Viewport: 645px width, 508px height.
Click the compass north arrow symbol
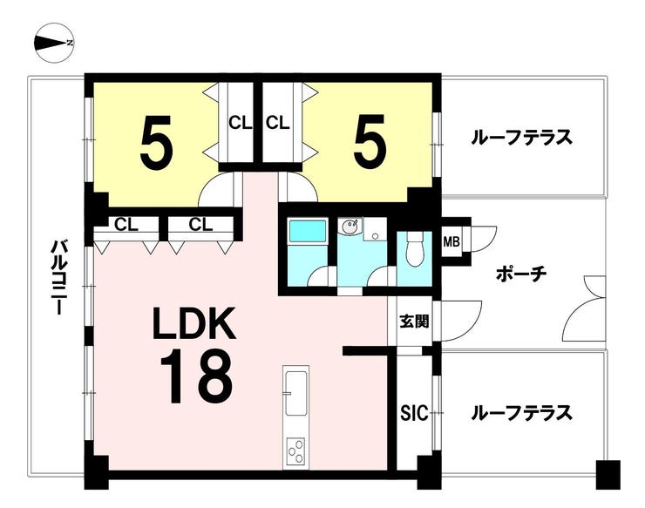coord(54,43)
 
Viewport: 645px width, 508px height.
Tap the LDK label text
coord(194,324)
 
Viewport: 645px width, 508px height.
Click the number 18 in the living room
coord(196,376)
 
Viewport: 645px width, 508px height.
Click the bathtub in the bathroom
coord(308,231)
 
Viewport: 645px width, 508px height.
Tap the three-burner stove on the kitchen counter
coord(295,451)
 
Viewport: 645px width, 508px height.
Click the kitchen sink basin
coord(295,393)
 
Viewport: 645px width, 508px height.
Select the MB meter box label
coord(451,242)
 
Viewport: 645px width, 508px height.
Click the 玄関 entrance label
coord(414,322)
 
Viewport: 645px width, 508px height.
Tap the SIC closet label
coord(415,413)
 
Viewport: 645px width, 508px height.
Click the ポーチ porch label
coord(520,274)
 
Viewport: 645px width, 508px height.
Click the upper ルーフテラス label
coord(521,138)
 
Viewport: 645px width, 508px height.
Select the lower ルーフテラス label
coord(521,413)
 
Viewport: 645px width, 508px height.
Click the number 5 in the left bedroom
coord(155,140)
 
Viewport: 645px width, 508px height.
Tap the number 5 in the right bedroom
coord(370,140)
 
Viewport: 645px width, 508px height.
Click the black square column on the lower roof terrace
coord(608,475)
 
